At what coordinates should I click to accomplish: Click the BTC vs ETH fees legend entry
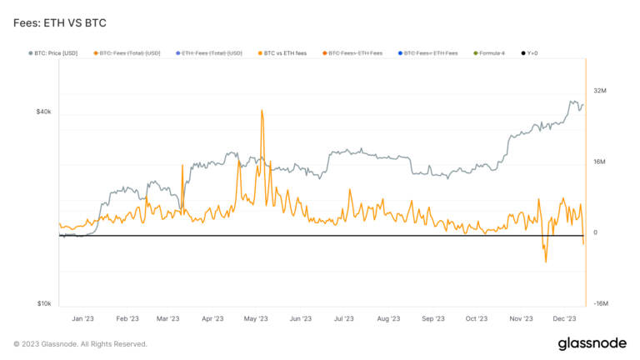point(282,52)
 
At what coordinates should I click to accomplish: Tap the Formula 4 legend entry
point(491,52)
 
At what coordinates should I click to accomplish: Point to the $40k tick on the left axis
point(43,111)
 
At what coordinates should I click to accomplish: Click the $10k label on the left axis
point(43,304)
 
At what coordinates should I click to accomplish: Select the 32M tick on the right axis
point(600,90)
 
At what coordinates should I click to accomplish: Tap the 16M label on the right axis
point(600,162)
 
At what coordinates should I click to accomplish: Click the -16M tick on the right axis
point(600,304)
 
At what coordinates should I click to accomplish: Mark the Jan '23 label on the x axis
point(82,318)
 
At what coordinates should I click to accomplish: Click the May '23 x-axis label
point(256,318)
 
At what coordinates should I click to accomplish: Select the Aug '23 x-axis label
point(388,318)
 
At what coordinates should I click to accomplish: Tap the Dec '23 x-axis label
point(566,318)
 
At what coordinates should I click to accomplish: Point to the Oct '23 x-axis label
point(477,318)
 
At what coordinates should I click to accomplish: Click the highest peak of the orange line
point(262,110)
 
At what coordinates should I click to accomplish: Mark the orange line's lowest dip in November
point(546,262)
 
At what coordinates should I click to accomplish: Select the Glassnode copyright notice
point(80,343)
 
